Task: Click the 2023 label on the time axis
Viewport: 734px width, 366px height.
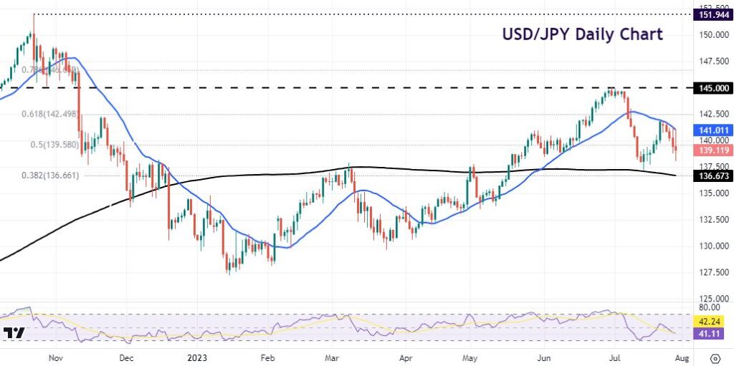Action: click(x=196, y=356)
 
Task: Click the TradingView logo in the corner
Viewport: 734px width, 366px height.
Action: click(x=14, y=334)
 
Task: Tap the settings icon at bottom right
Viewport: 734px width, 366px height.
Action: click(x=715, y=357)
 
